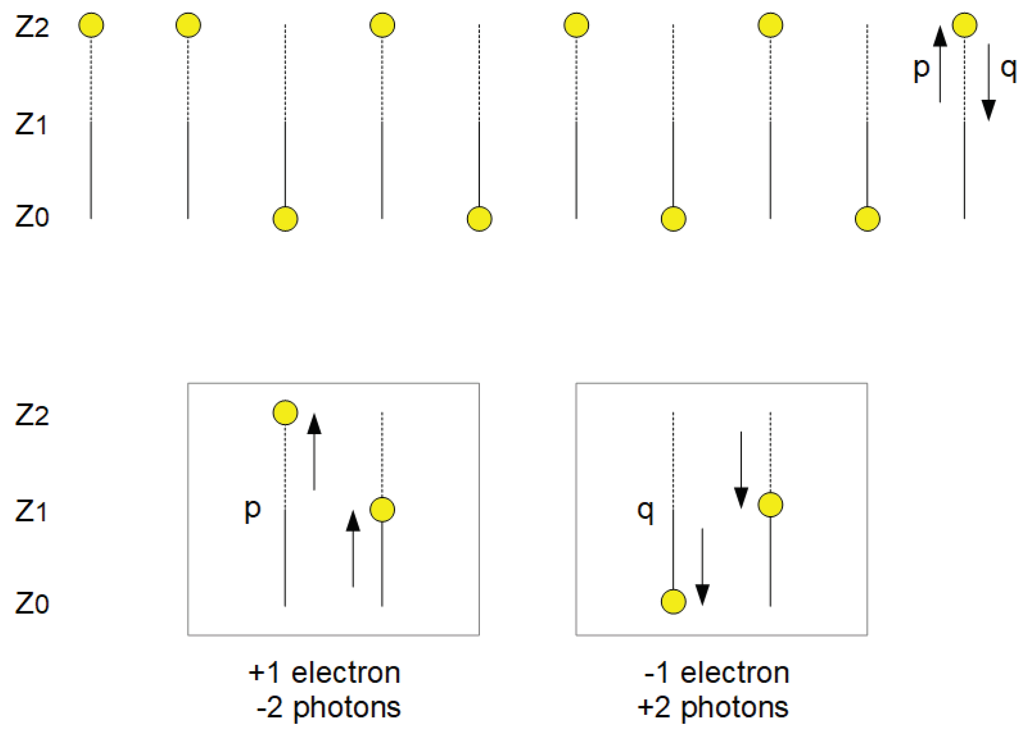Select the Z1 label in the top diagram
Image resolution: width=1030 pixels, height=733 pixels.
pyautogui.click(x=31, y=124)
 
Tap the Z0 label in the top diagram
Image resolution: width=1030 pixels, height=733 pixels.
pyautogui.click(x=31, y=216)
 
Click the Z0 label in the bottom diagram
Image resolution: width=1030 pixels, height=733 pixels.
pyautogui.click(x=31, y=603)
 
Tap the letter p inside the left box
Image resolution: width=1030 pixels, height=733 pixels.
pyautogui.click(x=252, y=510)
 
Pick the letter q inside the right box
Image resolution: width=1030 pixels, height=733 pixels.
pyautogui.click(x=645, y=511)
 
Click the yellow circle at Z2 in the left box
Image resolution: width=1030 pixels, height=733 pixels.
pyautogui.click(x=285, y=413)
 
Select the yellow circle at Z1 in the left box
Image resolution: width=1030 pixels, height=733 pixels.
pyautogui.click(x=382, y=510)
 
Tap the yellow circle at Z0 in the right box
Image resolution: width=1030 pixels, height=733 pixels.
pyautogui.click(x=673, y=602)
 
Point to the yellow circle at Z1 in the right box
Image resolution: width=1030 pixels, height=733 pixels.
pyautogui.click(x=770, y=505)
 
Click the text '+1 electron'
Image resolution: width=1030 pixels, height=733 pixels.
pyautogui.click(x=324, y=673)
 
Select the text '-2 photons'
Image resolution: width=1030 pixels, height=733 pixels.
pyautogui.click(x=328, y=707)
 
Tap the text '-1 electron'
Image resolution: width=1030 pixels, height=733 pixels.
pyautogui.click(x=717, y=673)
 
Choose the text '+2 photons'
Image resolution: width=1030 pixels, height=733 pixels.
pyautogui.click(x=713, y=707)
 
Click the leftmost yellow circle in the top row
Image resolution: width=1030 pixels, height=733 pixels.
pyautogui.click(x=91, y=25)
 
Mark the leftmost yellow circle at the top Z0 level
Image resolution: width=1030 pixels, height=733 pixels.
pyautogui.click(x=285, y=219)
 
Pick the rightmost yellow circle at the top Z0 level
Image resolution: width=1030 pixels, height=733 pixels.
pyautogui.click(x=867, y=219)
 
